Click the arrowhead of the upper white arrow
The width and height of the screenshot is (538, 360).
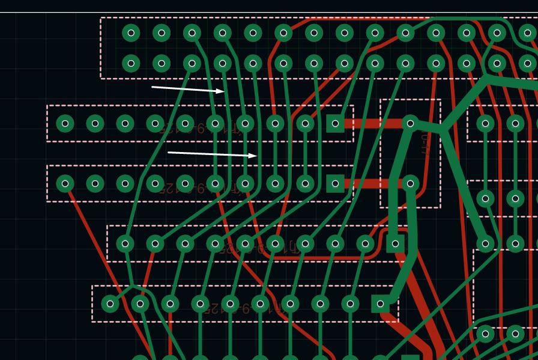click(x=223, y=91)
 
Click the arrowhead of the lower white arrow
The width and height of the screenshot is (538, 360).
click(x=256, y=156)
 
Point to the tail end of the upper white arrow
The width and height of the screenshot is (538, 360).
click(x=152, y=87)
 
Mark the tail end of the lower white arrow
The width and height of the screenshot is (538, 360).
click(x=168, y=152)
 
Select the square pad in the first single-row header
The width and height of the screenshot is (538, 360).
click(x=335, y=123)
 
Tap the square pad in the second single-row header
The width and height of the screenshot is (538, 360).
click(x=335, y=183)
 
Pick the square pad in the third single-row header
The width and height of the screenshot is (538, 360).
click(x=395, y=243)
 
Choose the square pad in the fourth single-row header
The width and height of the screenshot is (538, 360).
click(x=380, y=304)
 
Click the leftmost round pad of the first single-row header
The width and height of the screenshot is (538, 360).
click(x=65, y=123)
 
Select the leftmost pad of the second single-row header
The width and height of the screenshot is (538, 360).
click(x=65, y=183)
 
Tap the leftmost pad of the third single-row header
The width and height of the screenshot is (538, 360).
click(x=125, y=243)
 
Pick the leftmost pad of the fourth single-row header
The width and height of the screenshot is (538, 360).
click(x=110, y=304)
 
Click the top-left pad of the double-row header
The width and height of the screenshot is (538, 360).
click(x=131, y=32)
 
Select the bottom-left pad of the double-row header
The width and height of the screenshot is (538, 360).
click(x=131, y=63)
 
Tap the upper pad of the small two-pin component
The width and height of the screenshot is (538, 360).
click(x=410, y=123)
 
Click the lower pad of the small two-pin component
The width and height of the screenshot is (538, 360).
click(x=410, y=183)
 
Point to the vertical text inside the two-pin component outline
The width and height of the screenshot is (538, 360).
click(x=425, y=144)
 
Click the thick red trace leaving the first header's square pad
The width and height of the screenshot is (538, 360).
click(x=372, y=123)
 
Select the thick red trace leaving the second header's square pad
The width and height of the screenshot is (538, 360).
click(x=372, y=183)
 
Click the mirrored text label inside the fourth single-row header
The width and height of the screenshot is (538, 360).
click(x=246, y=309)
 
